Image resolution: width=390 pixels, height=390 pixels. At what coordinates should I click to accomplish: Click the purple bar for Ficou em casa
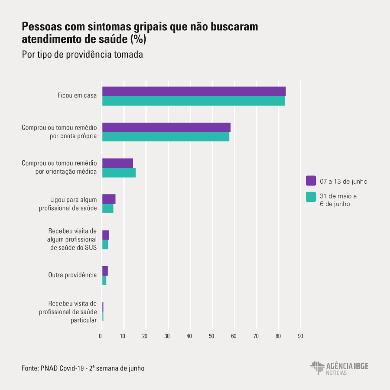tap(194, 91)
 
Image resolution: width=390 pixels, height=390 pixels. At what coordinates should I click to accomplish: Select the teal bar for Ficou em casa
tap(193, 101)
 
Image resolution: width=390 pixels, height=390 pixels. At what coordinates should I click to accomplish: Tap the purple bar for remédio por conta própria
tap(166, 127)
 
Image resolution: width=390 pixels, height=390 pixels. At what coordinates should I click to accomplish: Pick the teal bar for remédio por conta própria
tap(166, 137)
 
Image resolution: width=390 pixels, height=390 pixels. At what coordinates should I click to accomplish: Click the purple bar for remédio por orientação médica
tap(117, 163)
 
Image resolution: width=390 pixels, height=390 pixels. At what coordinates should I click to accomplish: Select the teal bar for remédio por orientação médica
tap(119, 172)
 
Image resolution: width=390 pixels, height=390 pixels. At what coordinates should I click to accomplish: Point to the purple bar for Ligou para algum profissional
tap(109, 199)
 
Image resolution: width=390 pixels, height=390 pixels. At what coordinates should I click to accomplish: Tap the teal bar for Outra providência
tap(104, 280)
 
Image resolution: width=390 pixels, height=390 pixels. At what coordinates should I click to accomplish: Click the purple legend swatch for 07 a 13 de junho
tap(311, 181)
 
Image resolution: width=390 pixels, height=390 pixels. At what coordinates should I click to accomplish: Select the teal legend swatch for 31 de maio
tap(311, 197)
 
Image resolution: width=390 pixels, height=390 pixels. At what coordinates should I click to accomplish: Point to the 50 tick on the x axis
tap(212, 336)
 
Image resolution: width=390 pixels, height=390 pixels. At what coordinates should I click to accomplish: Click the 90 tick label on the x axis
tap(300, 336)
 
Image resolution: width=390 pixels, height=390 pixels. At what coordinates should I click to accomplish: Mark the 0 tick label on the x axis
tap(101, 336)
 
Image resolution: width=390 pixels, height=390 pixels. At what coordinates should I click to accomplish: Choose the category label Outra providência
tap(72, 275)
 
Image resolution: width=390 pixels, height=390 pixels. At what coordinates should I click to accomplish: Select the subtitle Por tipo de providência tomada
tap(82, 55)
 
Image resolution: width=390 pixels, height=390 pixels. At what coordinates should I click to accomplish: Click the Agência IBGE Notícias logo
tap(339, 368)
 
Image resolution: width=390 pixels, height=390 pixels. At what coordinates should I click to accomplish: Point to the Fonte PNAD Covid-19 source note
tap(83, 368)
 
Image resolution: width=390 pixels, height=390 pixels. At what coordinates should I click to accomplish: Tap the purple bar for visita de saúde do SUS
tap(106, 235)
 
